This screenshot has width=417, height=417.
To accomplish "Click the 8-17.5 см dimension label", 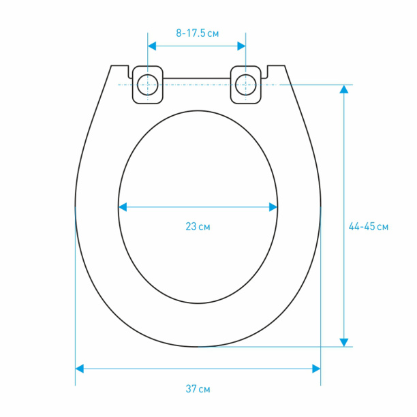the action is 198,33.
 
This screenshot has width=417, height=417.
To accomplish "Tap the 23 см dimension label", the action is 198,227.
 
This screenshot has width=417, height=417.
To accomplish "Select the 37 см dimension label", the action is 198,389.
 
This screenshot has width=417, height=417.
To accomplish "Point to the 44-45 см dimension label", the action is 369,227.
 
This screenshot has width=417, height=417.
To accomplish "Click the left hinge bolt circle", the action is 148,85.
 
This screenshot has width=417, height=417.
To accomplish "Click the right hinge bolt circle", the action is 246,85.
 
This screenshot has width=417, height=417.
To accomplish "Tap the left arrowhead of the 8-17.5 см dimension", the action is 151,46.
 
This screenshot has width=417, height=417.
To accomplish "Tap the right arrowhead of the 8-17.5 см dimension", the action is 241,46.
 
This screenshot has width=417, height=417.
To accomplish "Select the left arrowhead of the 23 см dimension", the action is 123,207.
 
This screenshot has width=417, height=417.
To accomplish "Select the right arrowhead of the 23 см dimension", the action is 273,207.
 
